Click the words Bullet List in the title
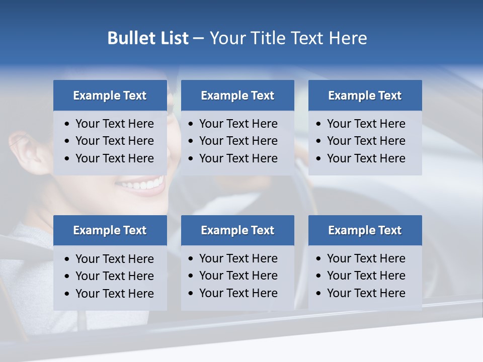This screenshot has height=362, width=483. pyautogui.click(x=148, y=38)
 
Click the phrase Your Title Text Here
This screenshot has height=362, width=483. pyautogui.click(x=288, y=38)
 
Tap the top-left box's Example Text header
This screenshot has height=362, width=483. pyautogui.click(x=110, y=96)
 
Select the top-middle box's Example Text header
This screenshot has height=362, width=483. pyautogui.click(x=237, y=96)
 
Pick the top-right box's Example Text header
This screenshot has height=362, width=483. pyautogui.click(x=365, y=96)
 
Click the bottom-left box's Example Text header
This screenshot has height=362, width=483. pyautogui.click(x=110, y=230)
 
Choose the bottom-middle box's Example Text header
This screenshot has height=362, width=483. pyautogui.click(x=237, y=230)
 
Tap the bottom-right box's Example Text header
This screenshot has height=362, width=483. pyautogui.click(x=365, y=230)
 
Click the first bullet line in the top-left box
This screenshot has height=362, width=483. pyautogui.click(x=114, y=124)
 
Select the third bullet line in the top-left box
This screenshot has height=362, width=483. pyautogui.click(x=114, y=158)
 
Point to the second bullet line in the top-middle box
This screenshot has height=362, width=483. pyautogui.click(x=238, y=141)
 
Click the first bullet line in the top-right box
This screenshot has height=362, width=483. pyautogui.click(x=366, y=124)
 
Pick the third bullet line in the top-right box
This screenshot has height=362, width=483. pyautogui.click(x=366, y=158)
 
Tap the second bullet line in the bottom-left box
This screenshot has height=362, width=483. pyautogui.click(x=114, y=276)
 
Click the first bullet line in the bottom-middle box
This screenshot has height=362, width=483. pyautogui.click(x=238, y=258)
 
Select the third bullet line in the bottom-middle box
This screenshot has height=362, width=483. pyautogui.click(x=238, y=293)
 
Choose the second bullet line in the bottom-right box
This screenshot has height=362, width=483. pyautogui.click(x=366, y=276)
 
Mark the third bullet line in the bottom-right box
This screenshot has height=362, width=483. pyautogui.click(x=366, y=293)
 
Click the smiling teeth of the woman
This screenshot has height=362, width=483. pyautogui.click(x=143, y=185)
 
